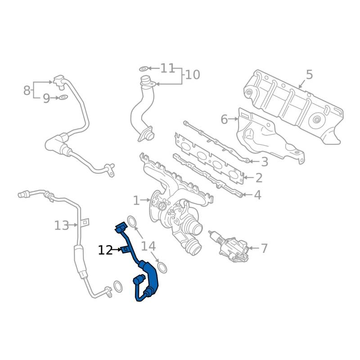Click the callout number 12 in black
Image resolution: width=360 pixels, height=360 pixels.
pyautogui.click(x=105, y=250)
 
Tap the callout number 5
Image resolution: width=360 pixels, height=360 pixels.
pyautogui.click(x=309, y=75)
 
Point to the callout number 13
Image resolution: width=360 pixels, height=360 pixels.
pyautogui.click(x=62, y=225)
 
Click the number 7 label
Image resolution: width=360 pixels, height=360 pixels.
pyautogui.click(x=265, y=248)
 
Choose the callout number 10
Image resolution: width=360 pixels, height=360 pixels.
pyautogui.click(x=193, y=75)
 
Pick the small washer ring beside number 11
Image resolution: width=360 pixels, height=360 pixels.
pyautogui.click(x=144, y=69)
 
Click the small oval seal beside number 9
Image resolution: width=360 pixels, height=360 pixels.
pyautogui.click(x=63, y=97)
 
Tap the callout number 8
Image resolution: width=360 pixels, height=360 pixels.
pyautogui.click(x=27, y=90)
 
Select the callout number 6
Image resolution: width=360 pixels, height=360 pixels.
pyautogui.click(x=224, y=119)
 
